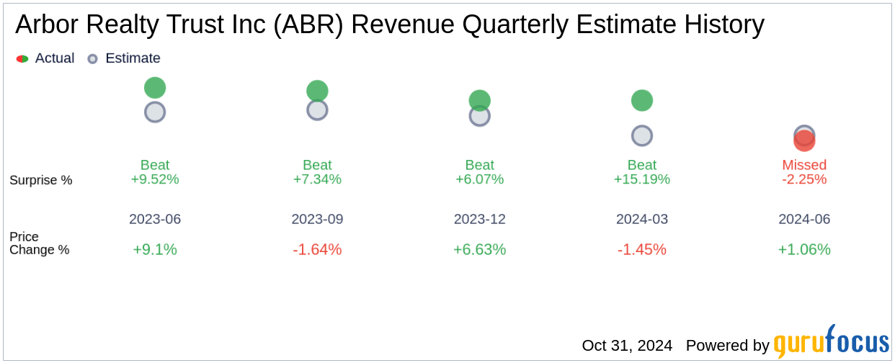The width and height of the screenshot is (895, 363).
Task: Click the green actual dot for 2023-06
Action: (x=155, y=88)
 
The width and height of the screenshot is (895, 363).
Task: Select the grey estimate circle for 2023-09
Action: (x=317, y=110)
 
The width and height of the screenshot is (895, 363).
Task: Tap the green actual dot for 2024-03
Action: (x=642, y=100)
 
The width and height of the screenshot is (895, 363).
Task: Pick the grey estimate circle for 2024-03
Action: (x=642, y=135)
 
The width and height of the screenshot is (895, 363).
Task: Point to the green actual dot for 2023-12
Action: (x=480, y=100)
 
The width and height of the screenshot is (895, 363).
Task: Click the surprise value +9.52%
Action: (x=155, y=179)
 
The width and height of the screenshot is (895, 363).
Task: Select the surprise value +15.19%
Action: (x=642, y=179)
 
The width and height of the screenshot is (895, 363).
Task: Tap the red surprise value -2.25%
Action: (x=804, y=179)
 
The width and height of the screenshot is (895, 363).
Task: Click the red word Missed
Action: (x=804, y=165)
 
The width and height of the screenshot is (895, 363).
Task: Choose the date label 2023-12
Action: (x=480, y=219)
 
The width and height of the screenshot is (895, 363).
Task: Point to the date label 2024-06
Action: (x=804, y=219)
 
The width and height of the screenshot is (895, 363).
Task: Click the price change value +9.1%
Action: (x=155, y=249)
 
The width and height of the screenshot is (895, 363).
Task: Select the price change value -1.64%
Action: (x=317, y=249)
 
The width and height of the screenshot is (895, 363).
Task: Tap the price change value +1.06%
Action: (x=804, y=249)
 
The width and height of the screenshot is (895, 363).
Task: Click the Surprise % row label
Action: (x=41, y=180)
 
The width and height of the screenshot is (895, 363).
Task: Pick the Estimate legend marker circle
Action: (x=92, y=58)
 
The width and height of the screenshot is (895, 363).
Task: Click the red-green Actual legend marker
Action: (x=22, y=58)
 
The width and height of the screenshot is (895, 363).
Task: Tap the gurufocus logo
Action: (x=831, y=343)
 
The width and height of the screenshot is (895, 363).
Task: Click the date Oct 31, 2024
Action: (x=627, y=346)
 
